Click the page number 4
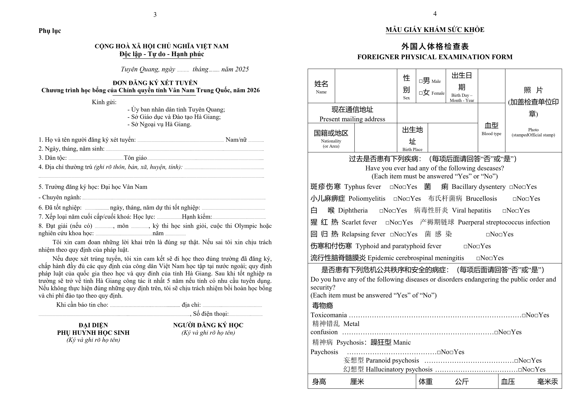(x=435, y=14)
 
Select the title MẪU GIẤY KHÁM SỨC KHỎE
(x=435, y=30)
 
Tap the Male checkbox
(x=421, y=81)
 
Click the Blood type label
(x=491, y=134)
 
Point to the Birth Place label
(x=412, y=150)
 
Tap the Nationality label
(x=331, y=141)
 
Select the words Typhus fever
(x=363, y=187)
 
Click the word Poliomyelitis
(x=367, y=199)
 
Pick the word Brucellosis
(x=481, y=199)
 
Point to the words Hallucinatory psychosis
(x=399, y=369)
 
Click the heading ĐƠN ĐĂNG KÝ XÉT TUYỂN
(x=155, y=83)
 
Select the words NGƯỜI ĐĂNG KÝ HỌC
(x=208, y=325)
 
